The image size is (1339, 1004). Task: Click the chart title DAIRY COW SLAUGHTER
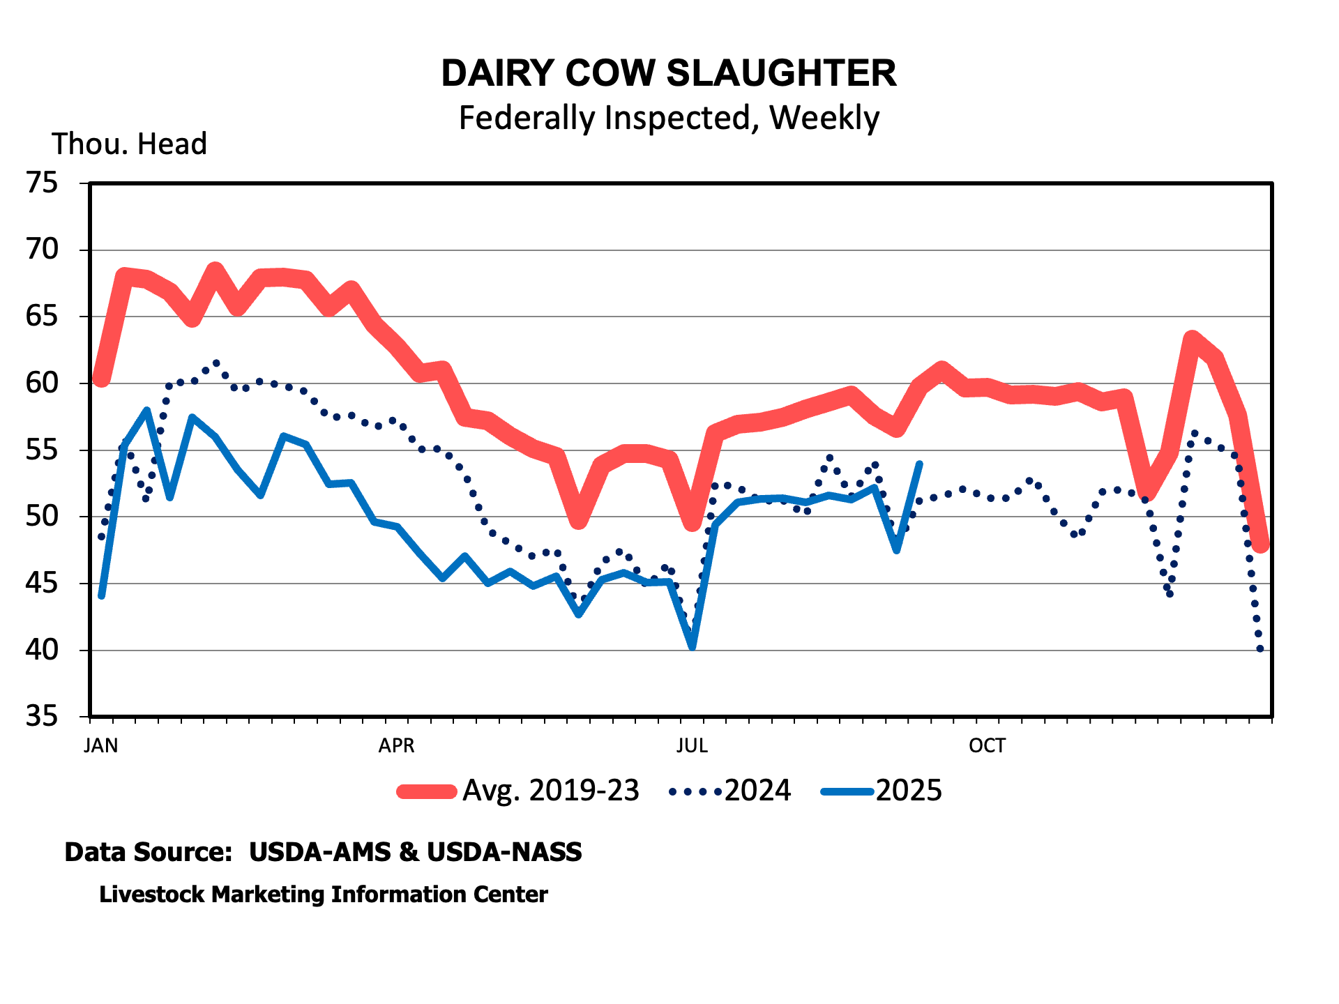click(669, 73)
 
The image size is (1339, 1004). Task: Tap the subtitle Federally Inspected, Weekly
click(669, 118)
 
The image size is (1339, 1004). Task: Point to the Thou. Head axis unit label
click(129, 144)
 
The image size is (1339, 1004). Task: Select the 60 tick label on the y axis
click(41, 383)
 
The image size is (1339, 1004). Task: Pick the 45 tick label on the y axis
click(41, 584)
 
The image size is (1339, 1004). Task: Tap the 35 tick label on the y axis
click(41, 717)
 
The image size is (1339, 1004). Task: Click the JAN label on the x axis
click(100, 746)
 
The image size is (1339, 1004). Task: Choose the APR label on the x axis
click(396, 746)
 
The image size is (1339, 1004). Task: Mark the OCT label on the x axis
click(987, 746)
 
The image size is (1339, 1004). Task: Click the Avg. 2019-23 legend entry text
click(550, 791)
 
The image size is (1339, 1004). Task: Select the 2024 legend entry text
click(757, 791)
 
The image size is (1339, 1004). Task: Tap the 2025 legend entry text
click(908, 791)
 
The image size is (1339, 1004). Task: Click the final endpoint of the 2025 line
click(920, 464)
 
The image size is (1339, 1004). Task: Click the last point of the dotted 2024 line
click(1260, 649)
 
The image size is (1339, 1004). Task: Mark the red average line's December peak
click(1193, 339)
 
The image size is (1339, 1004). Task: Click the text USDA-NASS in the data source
click(504, 852)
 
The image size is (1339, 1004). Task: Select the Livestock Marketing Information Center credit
click(324, 895)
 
